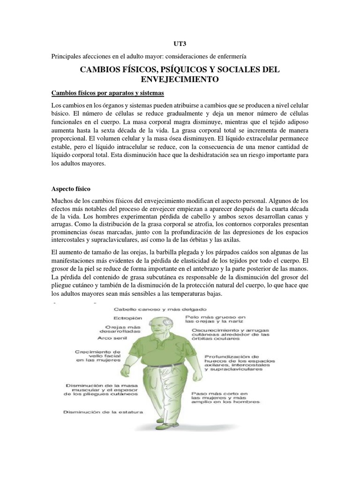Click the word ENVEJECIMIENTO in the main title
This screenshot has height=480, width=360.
(x=180, y=79)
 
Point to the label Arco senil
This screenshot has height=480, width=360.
(x=114, y=337)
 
